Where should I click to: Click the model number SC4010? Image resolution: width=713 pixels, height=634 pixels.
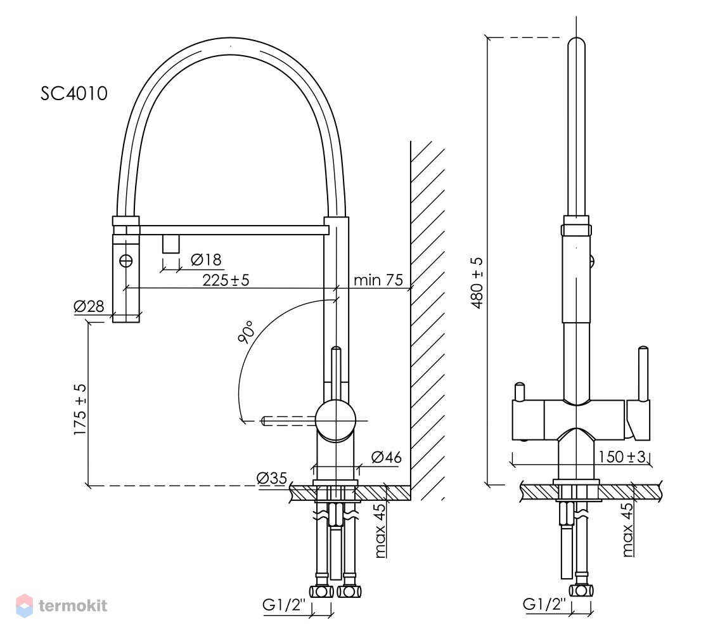click(74, 93)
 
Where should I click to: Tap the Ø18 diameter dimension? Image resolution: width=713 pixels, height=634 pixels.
click(206, 260)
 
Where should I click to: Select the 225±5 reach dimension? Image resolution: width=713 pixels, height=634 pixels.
click(226, 280)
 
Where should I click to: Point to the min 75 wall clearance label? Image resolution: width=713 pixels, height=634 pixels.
click(378, 280)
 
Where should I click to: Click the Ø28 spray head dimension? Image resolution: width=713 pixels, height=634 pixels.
click(89, 306)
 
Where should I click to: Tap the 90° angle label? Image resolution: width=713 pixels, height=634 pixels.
click(245, 332)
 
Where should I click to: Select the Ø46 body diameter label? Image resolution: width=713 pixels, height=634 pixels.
click(387, 457)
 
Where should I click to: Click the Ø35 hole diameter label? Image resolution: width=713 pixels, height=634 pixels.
click(271, 478)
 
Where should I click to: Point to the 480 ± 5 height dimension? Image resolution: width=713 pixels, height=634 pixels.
click(477, 283)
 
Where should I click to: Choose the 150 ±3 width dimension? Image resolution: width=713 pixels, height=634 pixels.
click(622, 456)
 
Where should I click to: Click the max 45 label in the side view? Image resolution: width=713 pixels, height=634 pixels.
click(380, 531)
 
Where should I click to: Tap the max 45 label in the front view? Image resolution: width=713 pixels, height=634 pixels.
click(627, 529)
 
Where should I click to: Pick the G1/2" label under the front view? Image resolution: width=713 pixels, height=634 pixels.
click(544, 604)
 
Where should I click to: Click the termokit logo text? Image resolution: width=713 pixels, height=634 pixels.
click(74, 606)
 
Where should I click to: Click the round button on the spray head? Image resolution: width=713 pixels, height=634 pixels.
click(126, 261)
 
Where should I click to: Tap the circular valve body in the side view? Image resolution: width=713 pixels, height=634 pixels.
click(335, 421)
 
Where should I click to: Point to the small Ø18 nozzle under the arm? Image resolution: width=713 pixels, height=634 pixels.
click(171, 244)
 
